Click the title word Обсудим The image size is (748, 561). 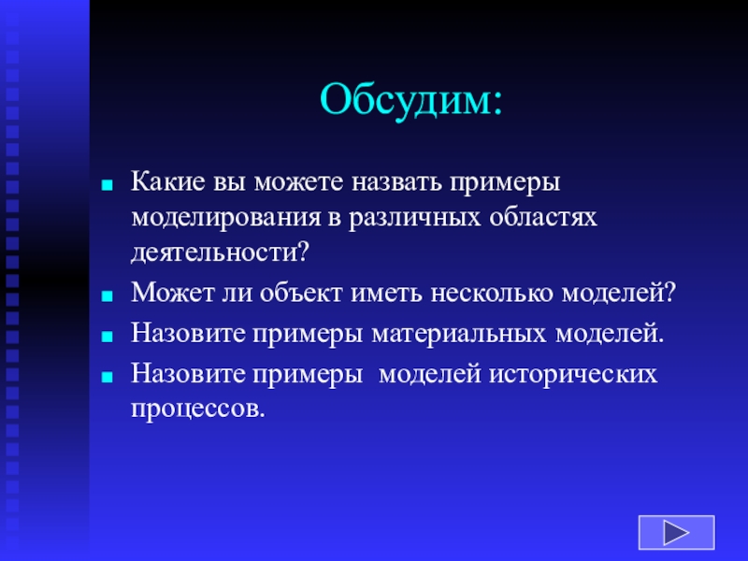pos(411,101)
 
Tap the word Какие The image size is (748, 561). pos(168,181)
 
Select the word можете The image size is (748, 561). pos(298,182)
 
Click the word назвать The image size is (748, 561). pos(396,182)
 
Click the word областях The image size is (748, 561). pos(543,218)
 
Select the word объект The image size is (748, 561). pos(301,293)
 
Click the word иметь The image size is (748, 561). pos(386,294)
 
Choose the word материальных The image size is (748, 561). pos(459,334)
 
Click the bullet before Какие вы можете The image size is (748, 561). pos(108,185)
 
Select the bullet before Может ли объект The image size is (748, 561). pos(108,296)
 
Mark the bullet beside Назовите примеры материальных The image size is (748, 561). pos(108,337)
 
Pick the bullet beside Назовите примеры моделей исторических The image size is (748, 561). pos(108,377)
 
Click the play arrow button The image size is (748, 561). pos(676,532)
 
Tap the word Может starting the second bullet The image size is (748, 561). pos(173,293)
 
